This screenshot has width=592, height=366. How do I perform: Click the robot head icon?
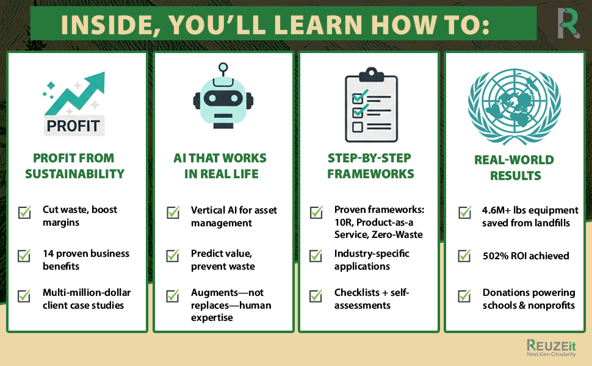223,101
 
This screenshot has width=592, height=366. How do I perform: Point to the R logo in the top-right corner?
568,23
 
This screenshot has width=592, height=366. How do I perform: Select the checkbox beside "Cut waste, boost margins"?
24,212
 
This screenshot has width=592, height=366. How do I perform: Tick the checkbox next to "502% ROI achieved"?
465,256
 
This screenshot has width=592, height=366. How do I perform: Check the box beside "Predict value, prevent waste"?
173,256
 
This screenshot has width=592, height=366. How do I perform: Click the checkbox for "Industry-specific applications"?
316,256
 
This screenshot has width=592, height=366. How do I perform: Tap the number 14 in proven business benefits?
48,253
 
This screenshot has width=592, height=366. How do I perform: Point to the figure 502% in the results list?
495,256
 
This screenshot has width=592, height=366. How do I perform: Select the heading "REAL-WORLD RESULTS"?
514,168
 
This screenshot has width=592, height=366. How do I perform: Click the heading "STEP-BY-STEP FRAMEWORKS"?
370,165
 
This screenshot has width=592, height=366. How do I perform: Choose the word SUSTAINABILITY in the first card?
74,173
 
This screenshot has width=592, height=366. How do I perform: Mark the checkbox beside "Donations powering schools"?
465,297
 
